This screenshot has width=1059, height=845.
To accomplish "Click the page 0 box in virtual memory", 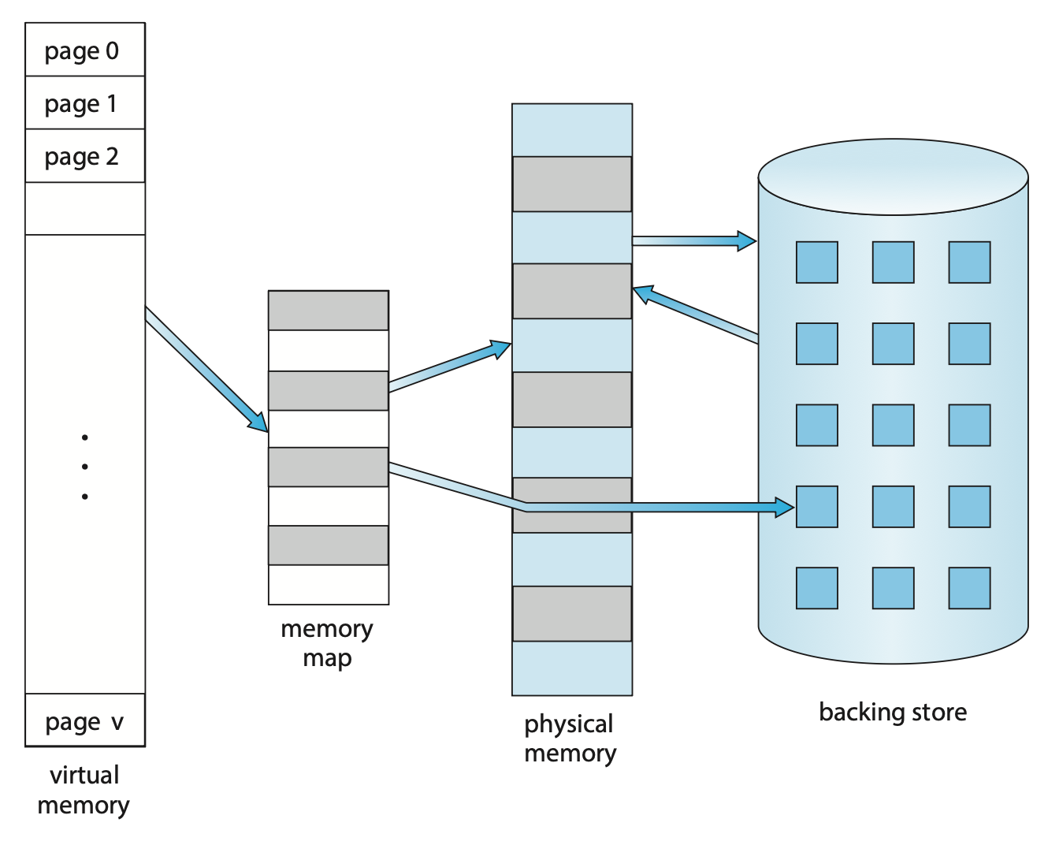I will coord(85,50).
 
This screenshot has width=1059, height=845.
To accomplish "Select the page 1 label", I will coord(82,103).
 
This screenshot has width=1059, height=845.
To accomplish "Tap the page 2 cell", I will coord(85,156).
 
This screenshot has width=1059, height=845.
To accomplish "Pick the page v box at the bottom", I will coord(85,720).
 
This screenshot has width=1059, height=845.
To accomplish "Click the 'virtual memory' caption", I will coord(84,790).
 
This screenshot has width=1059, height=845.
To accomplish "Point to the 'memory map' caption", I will coord(327,643).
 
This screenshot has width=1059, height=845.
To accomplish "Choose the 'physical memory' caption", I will coord(570,738).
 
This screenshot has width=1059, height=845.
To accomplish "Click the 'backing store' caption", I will coord(893,712).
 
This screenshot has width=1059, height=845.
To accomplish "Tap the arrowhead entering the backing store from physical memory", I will coord(745,240).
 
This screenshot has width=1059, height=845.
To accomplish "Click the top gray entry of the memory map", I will coord(328,311).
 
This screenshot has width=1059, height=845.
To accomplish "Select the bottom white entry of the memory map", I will coord(328,585).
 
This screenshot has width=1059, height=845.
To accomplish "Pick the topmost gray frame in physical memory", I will coord(572,184).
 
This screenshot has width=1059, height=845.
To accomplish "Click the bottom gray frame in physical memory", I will coord(572,613).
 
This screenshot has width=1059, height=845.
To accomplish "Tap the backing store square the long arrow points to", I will coord(817,507).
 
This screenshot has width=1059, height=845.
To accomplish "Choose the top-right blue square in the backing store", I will coord(969,262).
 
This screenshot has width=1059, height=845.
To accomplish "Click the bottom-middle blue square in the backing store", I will coord(894,588).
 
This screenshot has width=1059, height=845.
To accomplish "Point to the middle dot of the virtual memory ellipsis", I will coord(84,467).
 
